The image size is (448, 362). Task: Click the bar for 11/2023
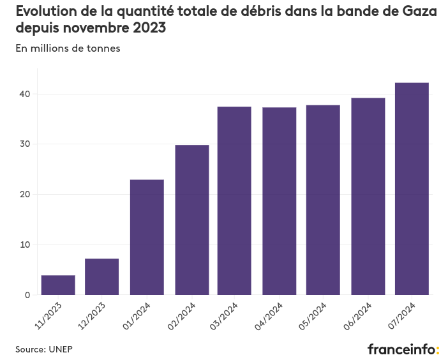coord(58,285)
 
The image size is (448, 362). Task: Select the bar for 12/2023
coord(102,276)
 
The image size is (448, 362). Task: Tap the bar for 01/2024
coord(147,237)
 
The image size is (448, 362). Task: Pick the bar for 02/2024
coord(191,220)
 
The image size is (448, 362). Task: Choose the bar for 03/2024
coord(234,200)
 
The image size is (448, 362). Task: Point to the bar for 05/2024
coord(323,200)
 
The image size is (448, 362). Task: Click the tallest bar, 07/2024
coord(412,188)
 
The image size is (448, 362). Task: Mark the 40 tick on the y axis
coord(24,94)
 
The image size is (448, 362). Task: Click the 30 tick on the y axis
coord(24,144)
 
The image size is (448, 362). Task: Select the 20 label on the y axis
coord(24,194)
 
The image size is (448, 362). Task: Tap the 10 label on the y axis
coord(24,245)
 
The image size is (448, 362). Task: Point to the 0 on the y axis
coord(27,295)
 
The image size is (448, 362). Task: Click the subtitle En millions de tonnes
coord(68,49)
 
